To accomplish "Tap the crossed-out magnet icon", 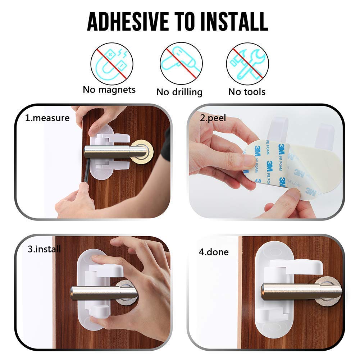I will [111, 64].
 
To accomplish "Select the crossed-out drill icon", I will [181, 64].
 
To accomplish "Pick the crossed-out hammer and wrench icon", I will [247, 64].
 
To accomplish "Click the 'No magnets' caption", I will [109, 90].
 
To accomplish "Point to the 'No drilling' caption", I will [179, 92].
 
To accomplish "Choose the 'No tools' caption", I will [247, 92].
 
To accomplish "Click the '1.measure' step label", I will [47, 118].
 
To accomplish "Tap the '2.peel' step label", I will [213, 118].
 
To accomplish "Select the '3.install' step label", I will [44, 249].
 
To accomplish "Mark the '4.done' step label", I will [214, 252].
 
